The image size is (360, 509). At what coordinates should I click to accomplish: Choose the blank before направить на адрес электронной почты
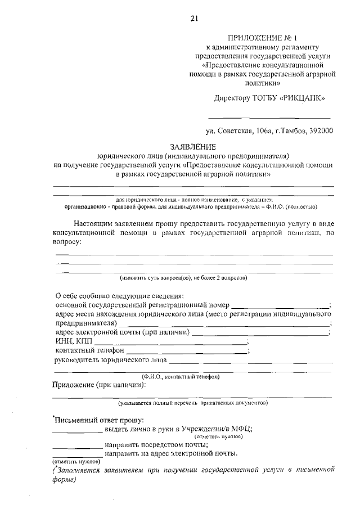[78, 456]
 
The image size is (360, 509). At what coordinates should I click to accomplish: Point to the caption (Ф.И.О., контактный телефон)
[181, 376]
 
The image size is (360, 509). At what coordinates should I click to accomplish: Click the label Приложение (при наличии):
[99, 385]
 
